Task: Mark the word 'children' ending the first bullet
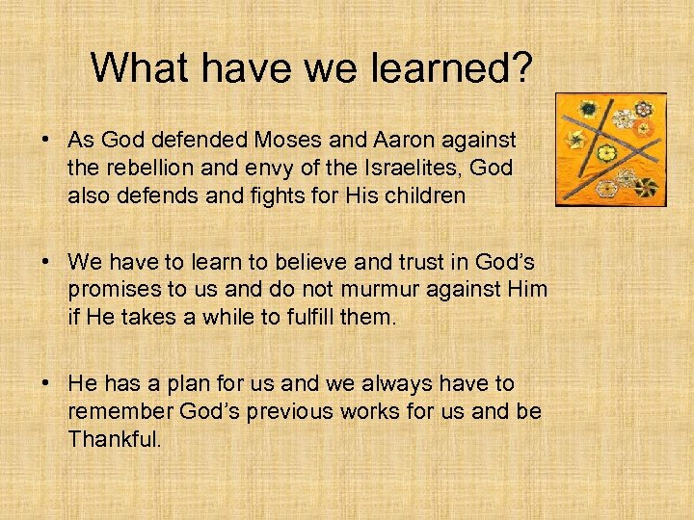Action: point(431,195)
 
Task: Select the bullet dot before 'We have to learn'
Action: point(46,263)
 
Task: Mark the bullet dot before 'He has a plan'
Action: point(46,384)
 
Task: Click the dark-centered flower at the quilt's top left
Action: point(586,108)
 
